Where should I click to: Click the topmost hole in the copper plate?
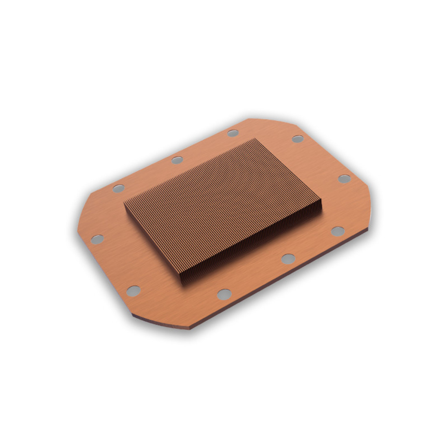tap(233, 133)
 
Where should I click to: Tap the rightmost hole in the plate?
tap(344, 179)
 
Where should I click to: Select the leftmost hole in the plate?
tap(97, 239)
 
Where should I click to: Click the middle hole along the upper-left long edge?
tap(177, 160)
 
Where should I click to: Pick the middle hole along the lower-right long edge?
tap(288, 259)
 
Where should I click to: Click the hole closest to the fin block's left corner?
tap(119, 188)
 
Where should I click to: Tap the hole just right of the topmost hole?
tap(298, 139)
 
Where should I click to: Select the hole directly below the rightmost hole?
tap(338, 231)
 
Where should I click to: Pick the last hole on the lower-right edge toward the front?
tap(224, 294)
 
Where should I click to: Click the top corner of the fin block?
tap(257, 139)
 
